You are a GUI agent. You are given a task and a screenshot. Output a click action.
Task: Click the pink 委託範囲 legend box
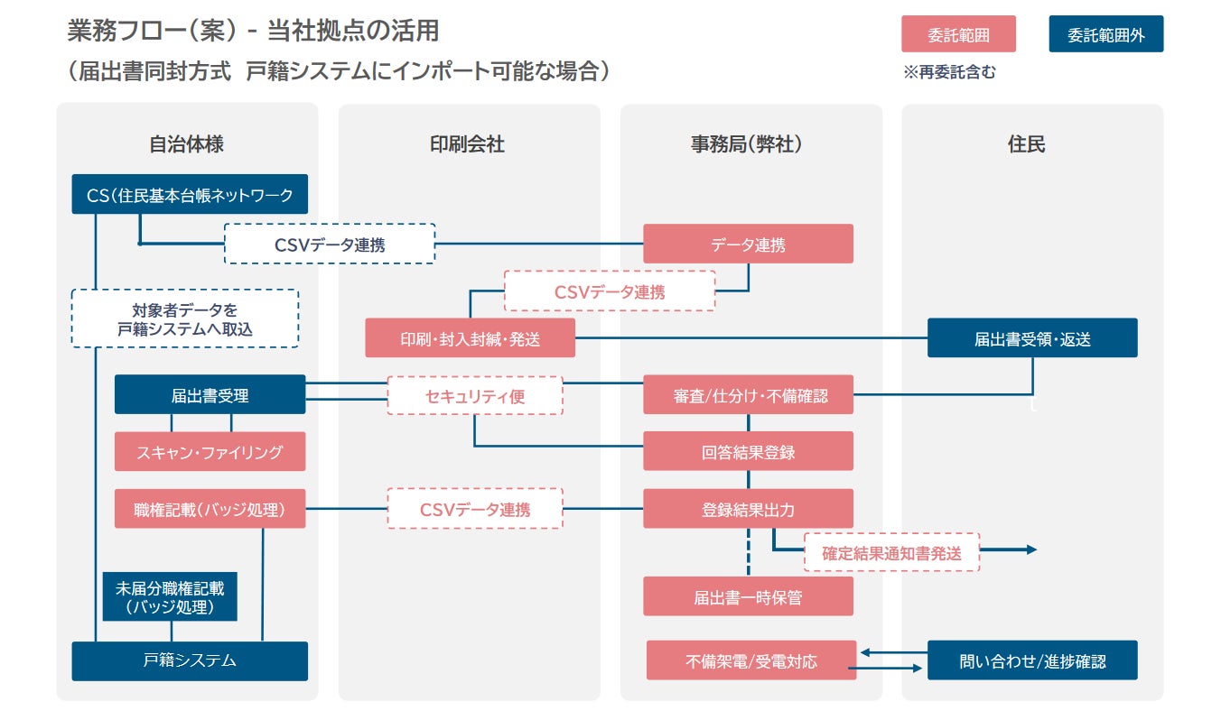(x=958, y=35)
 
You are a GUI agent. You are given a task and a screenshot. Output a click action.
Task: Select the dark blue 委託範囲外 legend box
(x=1105, y=35)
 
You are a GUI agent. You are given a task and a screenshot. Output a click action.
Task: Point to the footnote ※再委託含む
(x=949, y=73)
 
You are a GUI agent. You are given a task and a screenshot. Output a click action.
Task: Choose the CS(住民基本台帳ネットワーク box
(x=190, y=194)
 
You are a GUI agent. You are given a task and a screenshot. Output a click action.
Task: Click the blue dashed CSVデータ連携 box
(x=329, y=244)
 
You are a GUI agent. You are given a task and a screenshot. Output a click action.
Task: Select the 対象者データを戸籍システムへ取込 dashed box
(x=184, y=318)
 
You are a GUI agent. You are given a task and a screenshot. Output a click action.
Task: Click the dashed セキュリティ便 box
(x=474, y=395)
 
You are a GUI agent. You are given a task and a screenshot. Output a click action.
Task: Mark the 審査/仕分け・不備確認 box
(x=748, y=395)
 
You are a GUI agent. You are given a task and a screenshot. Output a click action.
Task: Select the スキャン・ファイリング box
(x=210, y=452)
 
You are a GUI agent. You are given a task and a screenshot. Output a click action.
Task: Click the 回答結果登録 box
(x=748, y=451)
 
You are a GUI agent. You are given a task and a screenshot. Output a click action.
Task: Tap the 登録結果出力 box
(x=748, y=509)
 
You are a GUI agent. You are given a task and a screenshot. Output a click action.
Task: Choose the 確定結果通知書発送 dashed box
(x=891, y=552)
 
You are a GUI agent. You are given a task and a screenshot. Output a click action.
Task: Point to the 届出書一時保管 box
(x=748, y=596)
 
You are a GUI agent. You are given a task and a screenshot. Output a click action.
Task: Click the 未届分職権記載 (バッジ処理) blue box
(x=170, y=597)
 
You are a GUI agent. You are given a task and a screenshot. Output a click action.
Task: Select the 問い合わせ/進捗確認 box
(x=1032, y=660)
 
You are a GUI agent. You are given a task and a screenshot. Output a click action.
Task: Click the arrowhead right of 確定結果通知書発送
(x=1031, y=549)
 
